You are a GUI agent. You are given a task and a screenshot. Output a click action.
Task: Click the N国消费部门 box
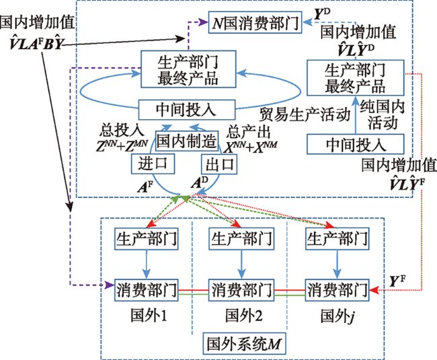[255, 22]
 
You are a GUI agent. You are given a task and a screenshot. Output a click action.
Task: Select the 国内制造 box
[186, 141]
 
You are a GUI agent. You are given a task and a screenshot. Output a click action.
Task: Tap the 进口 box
[153, 164]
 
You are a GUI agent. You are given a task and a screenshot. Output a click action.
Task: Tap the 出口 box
[219, 164]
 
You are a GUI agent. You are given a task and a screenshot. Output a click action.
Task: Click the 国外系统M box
[244, 344]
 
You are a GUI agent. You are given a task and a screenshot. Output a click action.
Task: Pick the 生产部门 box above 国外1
[147, 239]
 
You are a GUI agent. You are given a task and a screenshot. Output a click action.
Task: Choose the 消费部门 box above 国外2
[241, 290]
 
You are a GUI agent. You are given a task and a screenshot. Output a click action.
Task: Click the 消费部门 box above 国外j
[337, 290]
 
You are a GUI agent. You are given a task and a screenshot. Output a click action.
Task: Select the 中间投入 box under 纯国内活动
[356, 144]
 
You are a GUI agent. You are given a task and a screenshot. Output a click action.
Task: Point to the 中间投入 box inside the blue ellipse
[187, 110]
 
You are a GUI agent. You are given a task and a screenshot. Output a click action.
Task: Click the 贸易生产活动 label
[305, 114]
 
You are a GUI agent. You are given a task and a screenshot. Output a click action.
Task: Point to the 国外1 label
[149, 316]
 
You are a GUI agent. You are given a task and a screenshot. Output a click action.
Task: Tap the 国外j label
[337, 316]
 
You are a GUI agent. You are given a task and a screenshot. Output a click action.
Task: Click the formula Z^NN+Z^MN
[122, 145]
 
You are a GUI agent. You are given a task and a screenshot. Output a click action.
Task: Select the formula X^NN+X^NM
[251, 147]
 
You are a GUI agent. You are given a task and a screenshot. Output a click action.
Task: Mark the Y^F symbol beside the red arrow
[397, 281]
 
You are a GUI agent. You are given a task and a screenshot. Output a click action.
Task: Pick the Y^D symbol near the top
[322, 14]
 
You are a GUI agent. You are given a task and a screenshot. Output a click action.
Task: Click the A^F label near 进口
[145, 186]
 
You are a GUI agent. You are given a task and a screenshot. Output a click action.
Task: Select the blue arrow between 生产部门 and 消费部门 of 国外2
[241, 264]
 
